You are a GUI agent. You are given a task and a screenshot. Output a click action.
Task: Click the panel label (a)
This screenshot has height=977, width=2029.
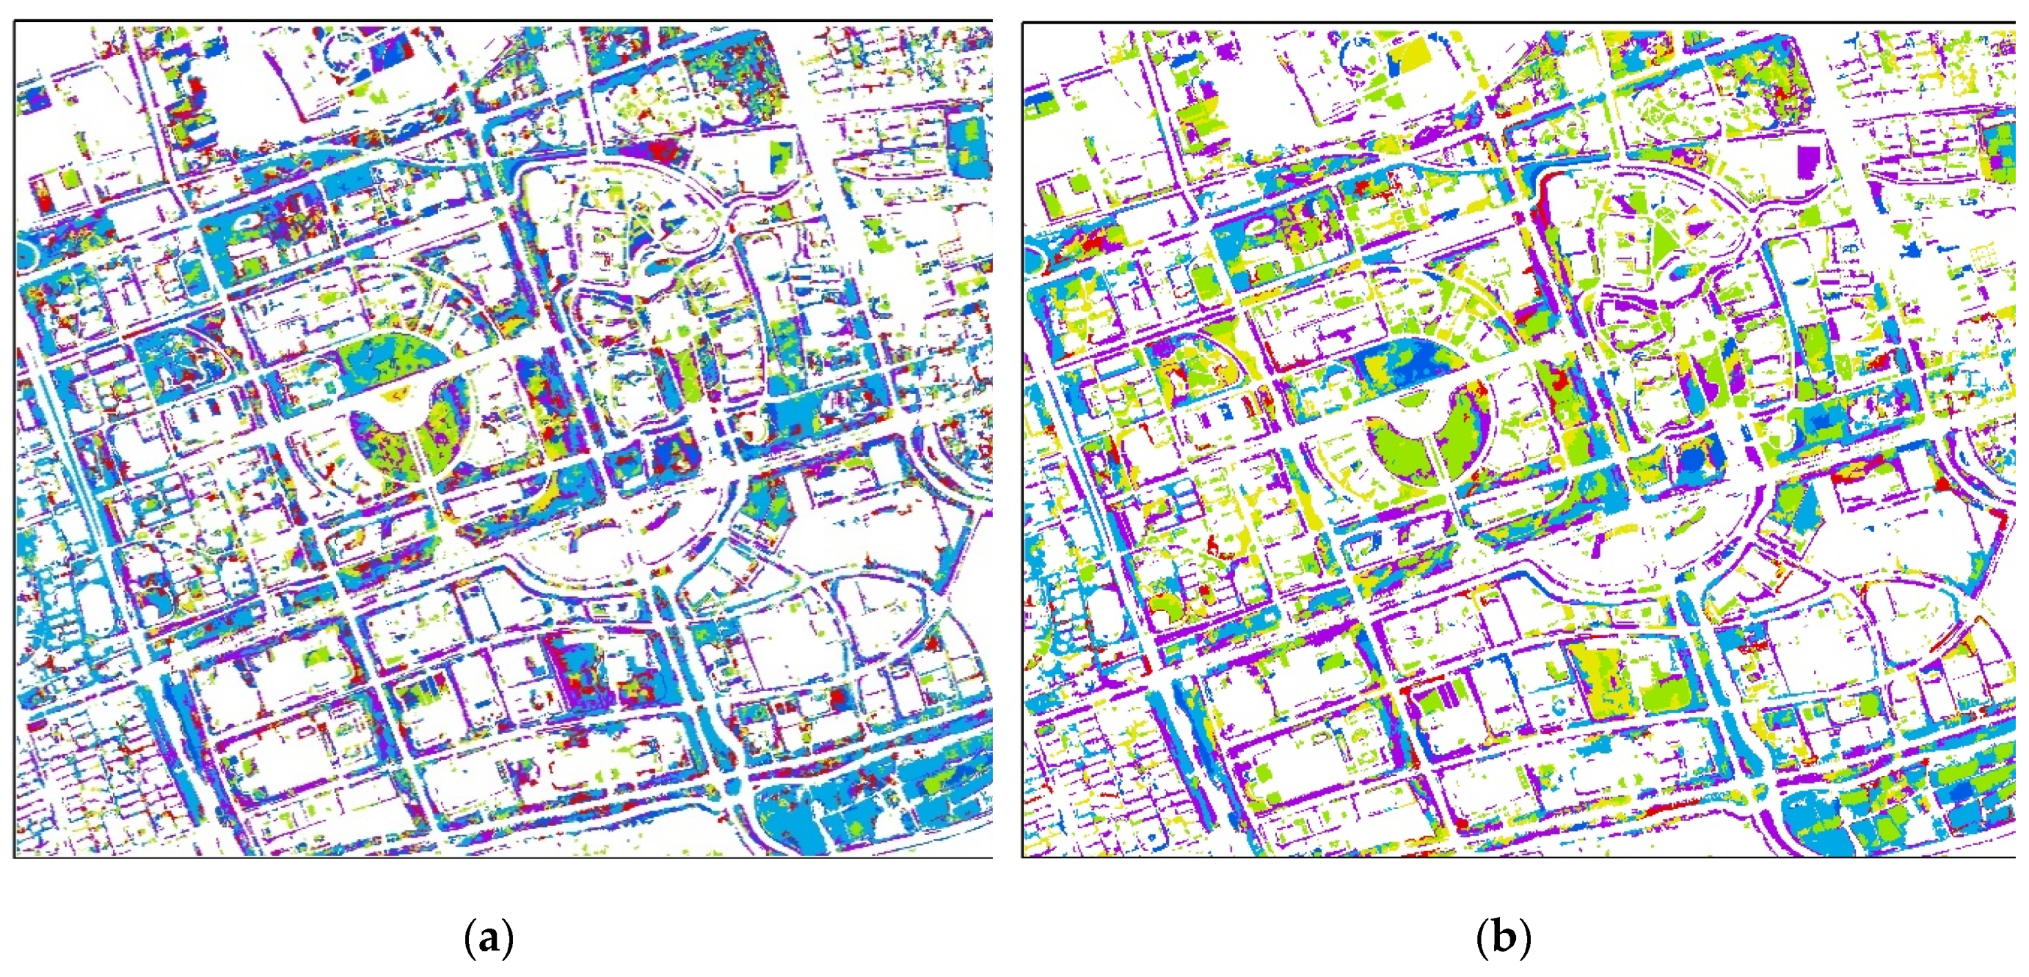pyautogui.click(x=489, y=938)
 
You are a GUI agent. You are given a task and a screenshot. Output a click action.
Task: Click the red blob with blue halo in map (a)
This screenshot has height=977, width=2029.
pyautogui.click(x=838, y=697)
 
